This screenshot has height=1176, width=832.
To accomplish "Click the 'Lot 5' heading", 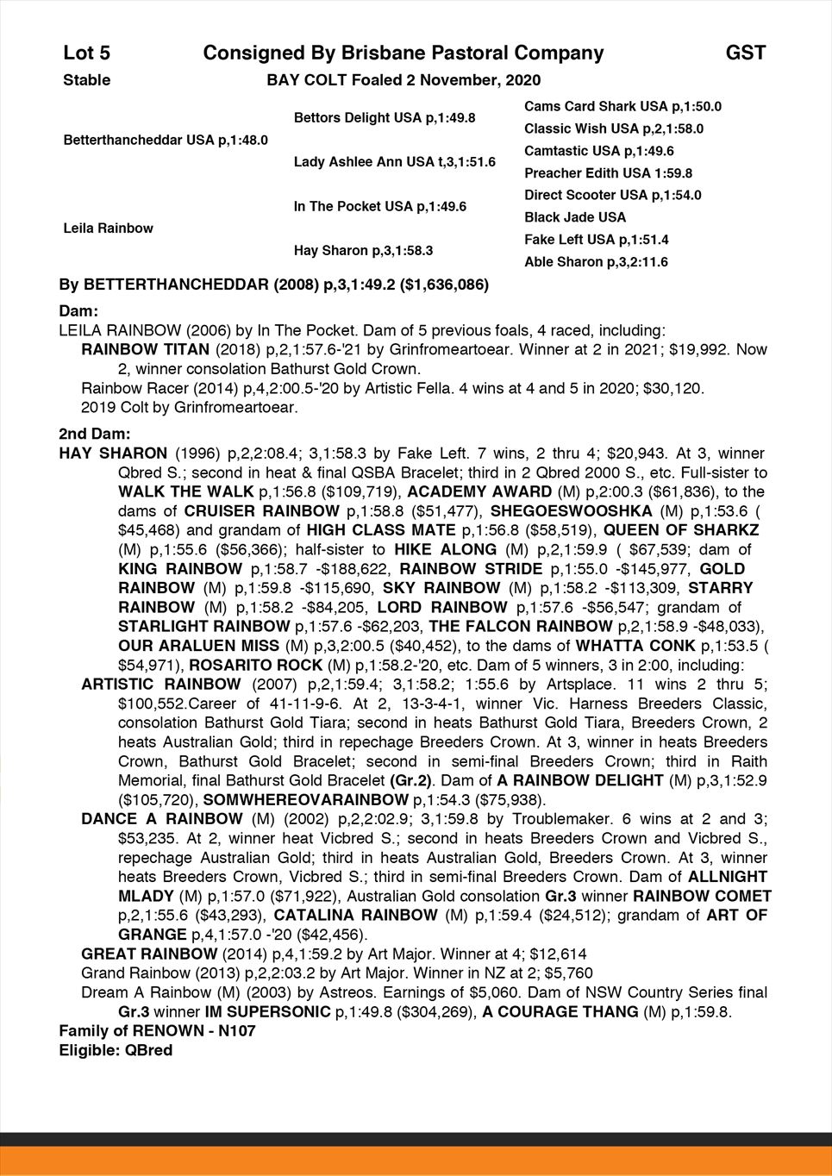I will [86, 53].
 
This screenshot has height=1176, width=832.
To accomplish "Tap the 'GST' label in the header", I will [745, 53].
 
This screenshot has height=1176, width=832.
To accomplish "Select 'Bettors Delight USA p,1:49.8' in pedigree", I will [385, 117].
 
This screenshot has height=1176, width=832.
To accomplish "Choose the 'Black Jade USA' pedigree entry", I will [575, 217].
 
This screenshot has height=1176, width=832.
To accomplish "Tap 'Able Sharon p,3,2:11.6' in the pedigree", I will [596, 262].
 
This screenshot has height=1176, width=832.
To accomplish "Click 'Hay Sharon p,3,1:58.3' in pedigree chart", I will [363, 251].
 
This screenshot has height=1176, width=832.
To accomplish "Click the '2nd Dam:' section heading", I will [94, 434].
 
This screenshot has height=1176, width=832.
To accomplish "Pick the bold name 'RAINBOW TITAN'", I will [145, 349].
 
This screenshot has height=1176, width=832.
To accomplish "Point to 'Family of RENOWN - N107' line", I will [157, 1031].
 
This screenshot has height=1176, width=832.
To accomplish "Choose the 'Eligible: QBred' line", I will [116, 1051].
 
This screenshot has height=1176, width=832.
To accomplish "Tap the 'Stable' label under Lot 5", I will [87, 80].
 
